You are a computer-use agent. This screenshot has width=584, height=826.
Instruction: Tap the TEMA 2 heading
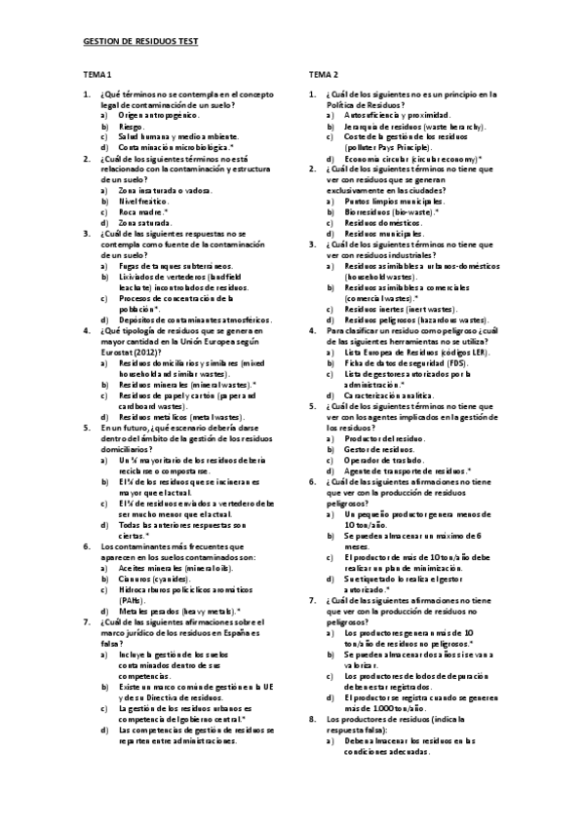(324, 75)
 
